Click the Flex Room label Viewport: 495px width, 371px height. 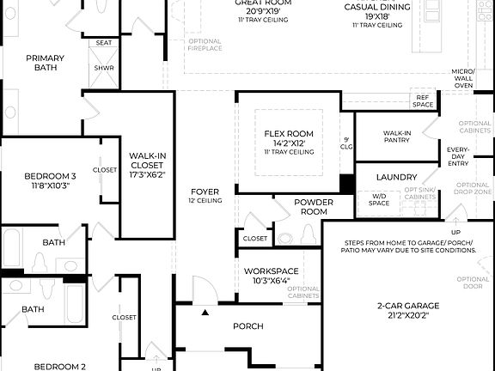click(289, 134)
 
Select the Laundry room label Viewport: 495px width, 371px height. click(396, 177)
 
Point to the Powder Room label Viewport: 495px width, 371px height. click(314, 207)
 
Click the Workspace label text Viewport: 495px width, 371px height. click(272, 271)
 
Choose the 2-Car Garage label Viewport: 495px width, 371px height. click(408, 306)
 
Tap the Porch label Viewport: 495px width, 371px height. click(247, 326)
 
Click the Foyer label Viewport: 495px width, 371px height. click(205, 192)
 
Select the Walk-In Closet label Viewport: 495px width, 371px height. click(148, 161)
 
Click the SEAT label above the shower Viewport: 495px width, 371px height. click(104, 42)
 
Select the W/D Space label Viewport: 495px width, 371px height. click(379, 199)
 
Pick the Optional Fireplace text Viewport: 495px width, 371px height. click(205, 46)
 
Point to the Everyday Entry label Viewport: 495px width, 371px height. click(458, 156)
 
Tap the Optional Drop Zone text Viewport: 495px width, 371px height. click(473, 189)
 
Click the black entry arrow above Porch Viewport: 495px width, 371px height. click(205, 313)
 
